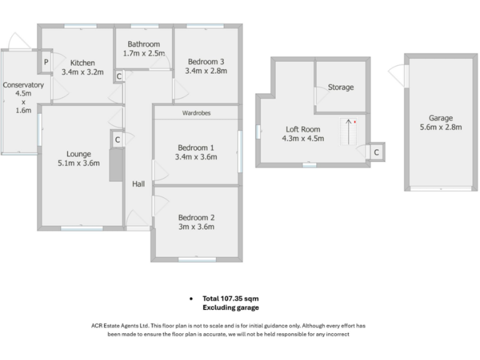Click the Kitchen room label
pos(82,62)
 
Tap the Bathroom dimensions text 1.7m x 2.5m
pos(143,54)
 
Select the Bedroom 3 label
pos(206,61)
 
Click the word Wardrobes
pos(197,113)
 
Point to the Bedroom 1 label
pos(196,147)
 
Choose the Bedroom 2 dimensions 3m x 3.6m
pos(196,227)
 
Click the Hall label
pos(138,184)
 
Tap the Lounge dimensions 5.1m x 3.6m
pos(79,164)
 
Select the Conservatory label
pos(23,86)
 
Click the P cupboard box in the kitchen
pos(46,62)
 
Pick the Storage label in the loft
pos(341,87)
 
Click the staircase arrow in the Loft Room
pos(347,131)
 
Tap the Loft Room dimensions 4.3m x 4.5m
pos(303,139)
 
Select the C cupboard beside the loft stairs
pos(376,152)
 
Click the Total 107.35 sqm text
pos(231,299)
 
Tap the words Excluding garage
pos(231,307)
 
